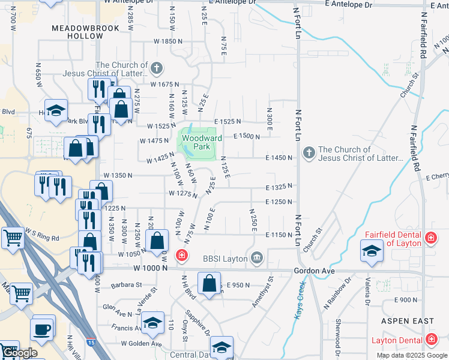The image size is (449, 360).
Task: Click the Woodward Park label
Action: tap(202, 142)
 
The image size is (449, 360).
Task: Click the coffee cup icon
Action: tap(43, 329)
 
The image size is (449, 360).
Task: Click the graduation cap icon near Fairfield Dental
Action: tap(372, 251)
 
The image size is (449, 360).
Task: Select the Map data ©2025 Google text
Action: tap(412, 355)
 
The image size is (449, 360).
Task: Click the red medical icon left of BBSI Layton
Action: tap(181, 256)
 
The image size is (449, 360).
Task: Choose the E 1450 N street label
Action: tap(279, 157)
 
